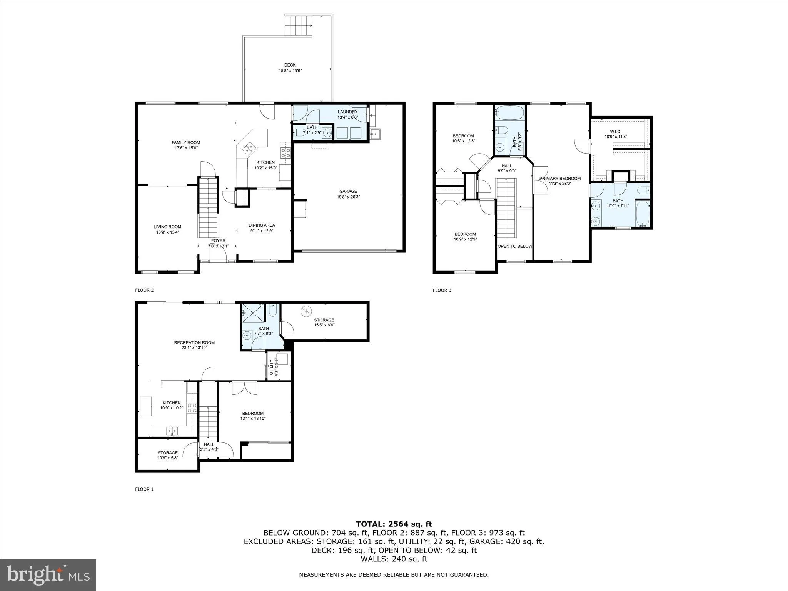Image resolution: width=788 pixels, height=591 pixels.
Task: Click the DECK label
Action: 290,65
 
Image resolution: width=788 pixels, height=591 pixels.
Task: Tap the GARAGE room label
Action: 348,191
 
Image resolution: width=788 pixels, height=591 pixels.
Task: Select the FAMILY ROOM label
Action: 186,143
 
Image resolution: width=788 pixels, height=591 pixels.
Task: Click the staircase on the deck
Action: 298,25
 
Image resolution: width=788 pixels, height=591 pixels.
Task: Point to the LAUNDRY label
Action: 347,112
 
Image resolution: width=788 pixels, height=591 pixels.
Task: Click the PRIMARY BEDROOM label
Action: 560,179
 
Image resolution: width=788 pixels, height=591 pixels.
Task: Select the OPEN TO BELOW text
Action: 515,246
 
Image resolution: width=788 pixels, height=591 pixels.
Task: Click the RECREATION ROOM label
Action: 194,342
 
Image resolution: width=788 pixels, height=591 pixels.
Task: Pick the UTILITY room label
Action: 271,367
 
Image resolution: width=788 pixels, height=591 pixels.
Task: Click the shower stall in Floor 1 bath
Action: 253,313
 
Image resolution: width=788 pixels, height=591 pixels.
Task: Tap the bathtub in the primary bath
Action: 643,214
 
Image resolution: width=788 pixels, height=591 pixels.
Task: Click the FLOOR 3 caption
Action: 442,290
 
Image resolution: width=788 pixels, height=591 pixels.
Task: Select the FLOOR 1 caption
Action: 144,489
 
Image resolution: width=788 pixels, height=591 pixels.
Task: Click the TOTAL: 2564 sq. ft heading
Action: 394,524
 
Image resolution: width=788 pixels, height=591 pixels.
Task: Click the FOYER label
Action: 218,241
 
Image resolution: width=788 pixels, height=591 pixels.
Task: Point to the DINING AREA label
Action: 262,225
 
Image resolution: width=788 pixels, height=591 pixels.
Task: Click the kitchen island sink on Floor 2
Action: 247,147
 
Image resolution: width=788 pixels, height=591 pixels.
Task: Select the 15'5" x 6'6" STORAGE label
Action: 324,320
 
